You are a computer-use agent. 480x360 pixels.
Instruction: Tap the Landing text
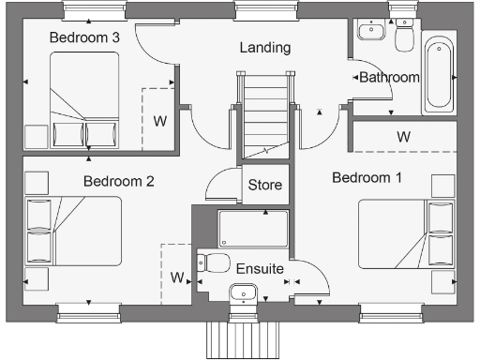tap(264, 47)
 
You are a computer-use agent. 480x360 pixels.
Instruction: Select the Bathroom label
tap(388, 78)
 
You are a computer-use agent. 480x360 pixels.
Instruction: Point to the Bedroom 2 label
tap(118, 181)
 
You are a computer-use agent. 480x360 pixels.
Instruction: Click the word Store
tap(265, 185)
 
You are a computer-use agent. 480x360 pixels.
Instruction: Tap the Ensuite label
tap(260, 269)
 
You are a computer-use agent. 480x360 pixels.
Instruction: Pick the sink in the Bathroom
tap(370, 29)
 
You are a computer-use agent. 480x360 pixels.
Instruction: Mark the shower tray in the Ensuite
tap(253, 228)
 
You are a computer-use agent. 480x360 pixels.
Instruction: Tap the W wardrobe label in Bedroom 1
tap(403, 137)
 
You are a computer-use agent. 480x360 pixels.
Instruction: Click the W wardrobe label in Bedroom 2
tap(176, 277)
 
